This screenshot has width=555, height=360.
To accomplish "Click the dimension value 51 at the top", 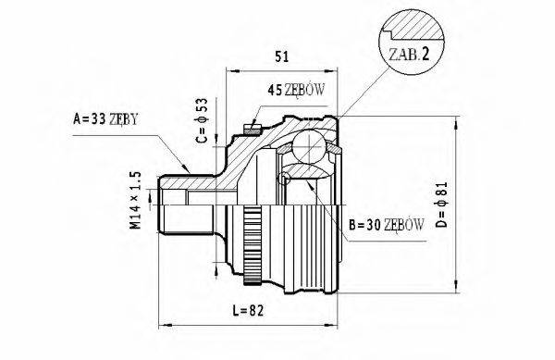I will point(282,57).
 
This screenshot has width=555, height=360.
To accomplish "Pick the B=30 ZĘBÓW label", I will point(387,223).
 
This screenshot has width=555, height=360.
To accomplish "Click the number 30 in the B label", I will point(370,223).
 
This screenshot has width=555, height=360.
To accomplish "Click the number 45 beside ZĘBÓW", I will point(274,90).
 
